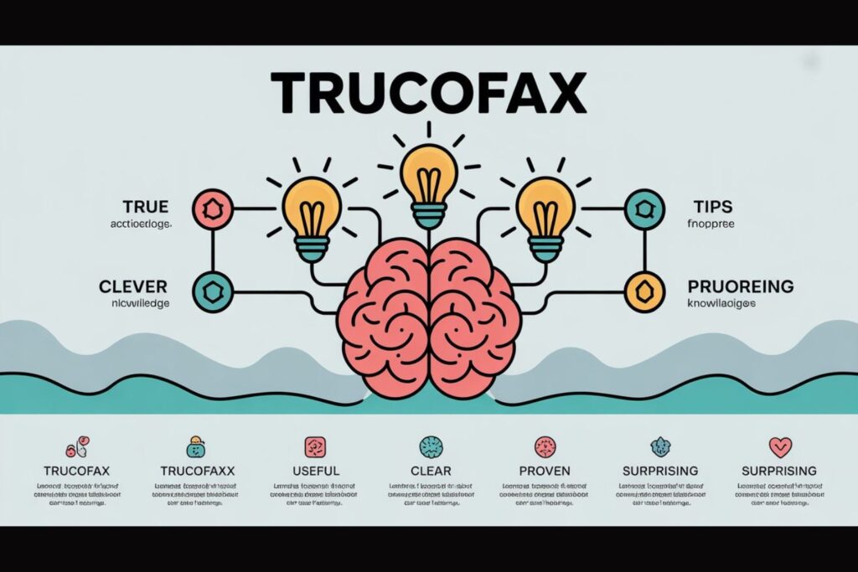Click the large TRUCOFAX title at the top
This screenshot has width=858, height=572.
(x=428, y=93)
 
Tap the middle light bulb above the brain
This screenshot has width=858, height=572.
(x=428, y=181)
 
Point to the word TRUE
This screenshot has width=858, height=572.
(x=145, y=206)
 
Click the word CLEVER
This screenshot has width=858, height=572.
(x=132, y=286)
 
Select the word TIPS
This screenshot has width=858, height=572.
(x=713, y=206)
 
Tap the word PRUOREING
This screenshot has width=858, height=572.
(x=740, y=286)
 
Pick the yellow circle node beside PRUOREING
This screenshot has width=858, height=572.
(x=643, y=290)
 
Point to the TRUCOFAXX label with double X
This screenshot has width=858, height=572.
(x=197, y=471)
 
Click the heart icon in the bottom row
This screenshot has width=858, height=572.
(x=779, y=446)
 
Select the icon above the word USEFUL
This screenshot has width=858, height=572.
(x=315, y=446)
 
